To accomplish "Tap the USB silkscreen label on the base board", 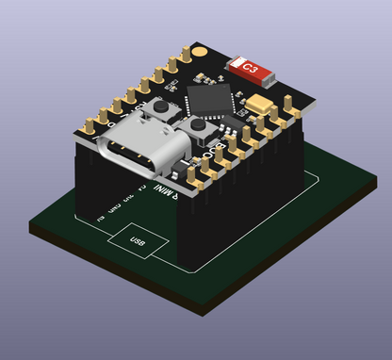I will click(139, 241).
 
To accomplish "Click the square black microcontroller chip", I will click(209, 99).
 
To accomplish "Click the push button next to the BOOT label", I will click(199, 127).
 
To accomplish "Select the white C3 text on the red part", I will click(250, 68).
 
